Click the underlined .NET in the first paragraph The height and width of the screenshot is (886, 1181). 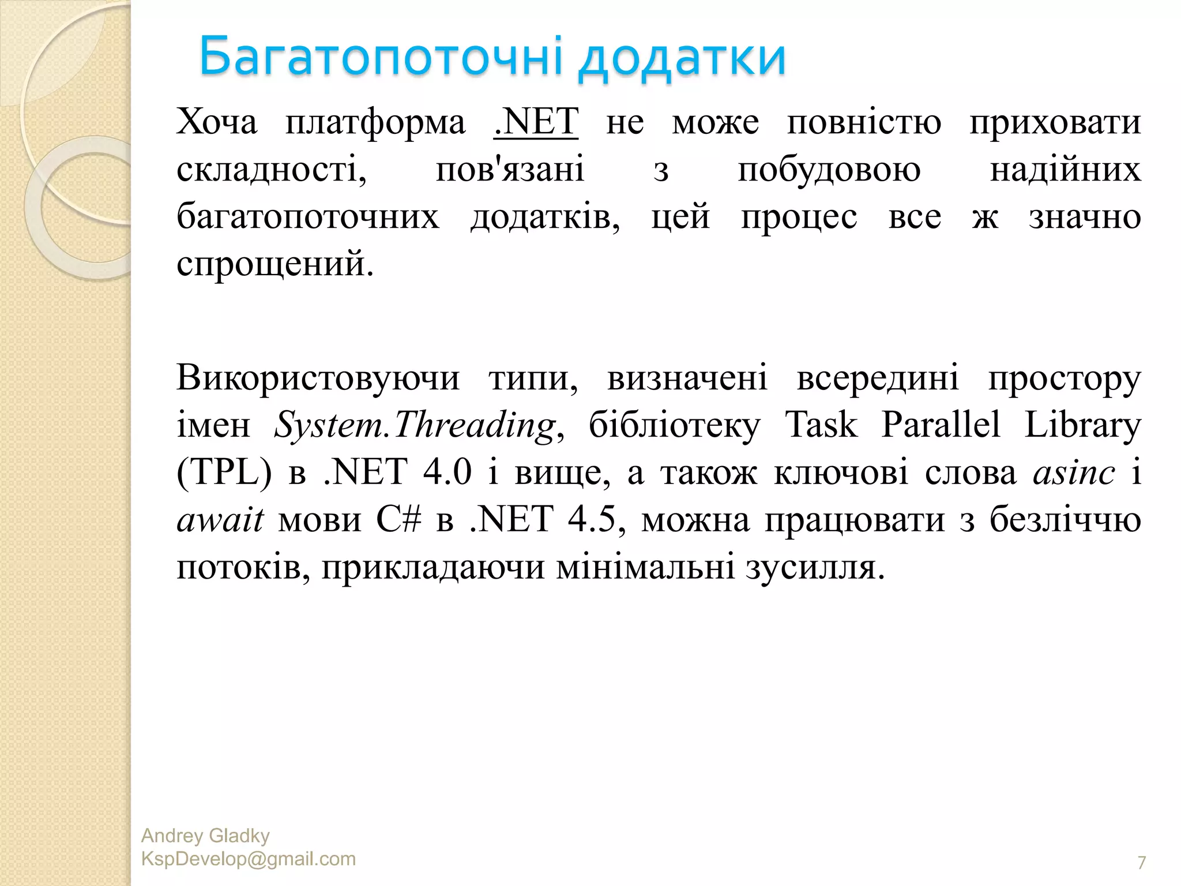point(536,122)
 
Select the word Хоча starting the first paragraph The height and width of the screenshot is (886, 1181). point(217,122)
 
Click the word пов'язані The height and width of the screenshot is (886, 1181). point(510,170)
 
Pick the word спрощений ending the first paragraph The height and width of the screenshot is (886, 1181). point(275,265)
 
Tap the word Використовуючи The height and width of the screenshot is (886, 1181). point(318,379)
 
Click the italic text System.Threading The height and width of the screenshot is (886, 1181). point(415,426)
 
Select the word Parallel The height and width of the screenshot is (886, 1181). point(941,426)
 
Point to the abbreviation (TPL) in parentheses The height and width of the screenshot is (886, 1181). point(224,473)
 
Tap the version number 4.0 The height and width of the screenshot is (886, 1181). point(447,472)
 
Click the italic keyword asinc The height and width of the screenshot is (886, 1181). point(1074,474)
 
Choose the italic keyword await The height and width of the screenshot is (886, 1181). point(220,520)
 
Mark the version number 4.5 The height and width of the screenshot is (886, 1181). point(592,520)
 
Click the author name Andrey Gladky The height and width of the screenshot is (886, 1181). point(205,836)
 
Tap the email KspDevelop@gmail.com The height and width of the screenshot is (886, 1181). point(249,859)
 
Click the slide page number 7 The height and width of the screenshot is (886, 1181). point(1141,862)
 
